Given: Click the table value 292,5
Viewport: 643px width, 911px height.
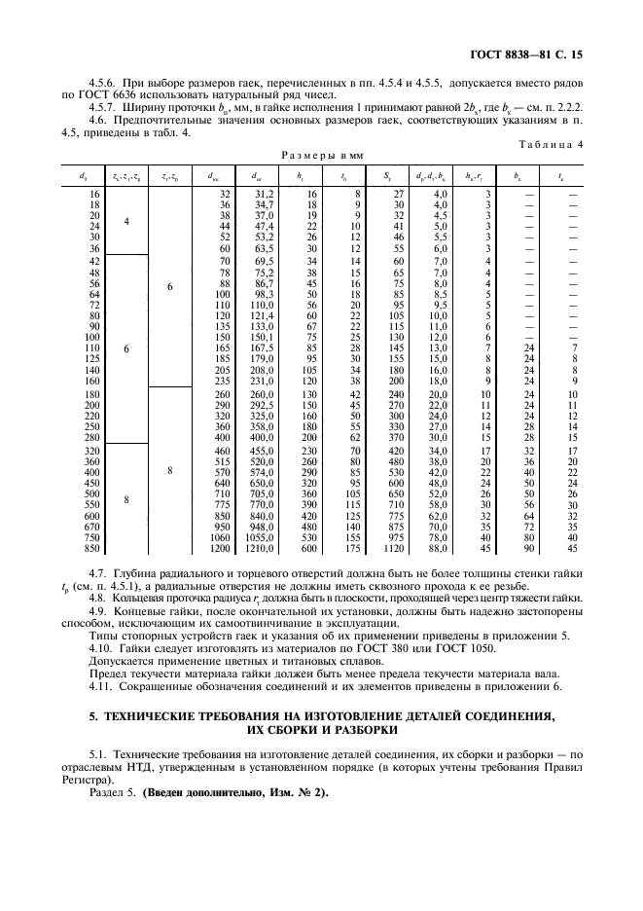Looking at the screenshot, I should tap(261, 404).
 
